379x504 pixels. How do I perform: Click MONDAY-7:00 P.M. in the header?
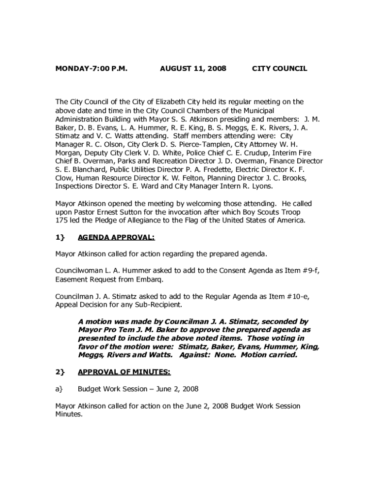coord(91,69)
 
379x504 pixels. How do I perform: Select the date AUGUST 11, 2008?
coord(193,69)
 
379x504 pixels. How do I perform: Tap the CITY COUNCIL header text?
coord(279,69)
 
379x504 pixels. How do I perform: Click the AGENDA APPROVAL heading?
coord(116,237)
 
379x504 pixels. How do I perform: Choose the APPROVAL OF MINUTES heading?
coord(124,372)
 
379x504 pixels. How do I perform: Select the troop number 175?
coord(61,220)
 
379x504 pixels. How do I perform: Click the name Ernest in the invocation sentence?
coord(124,212)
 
